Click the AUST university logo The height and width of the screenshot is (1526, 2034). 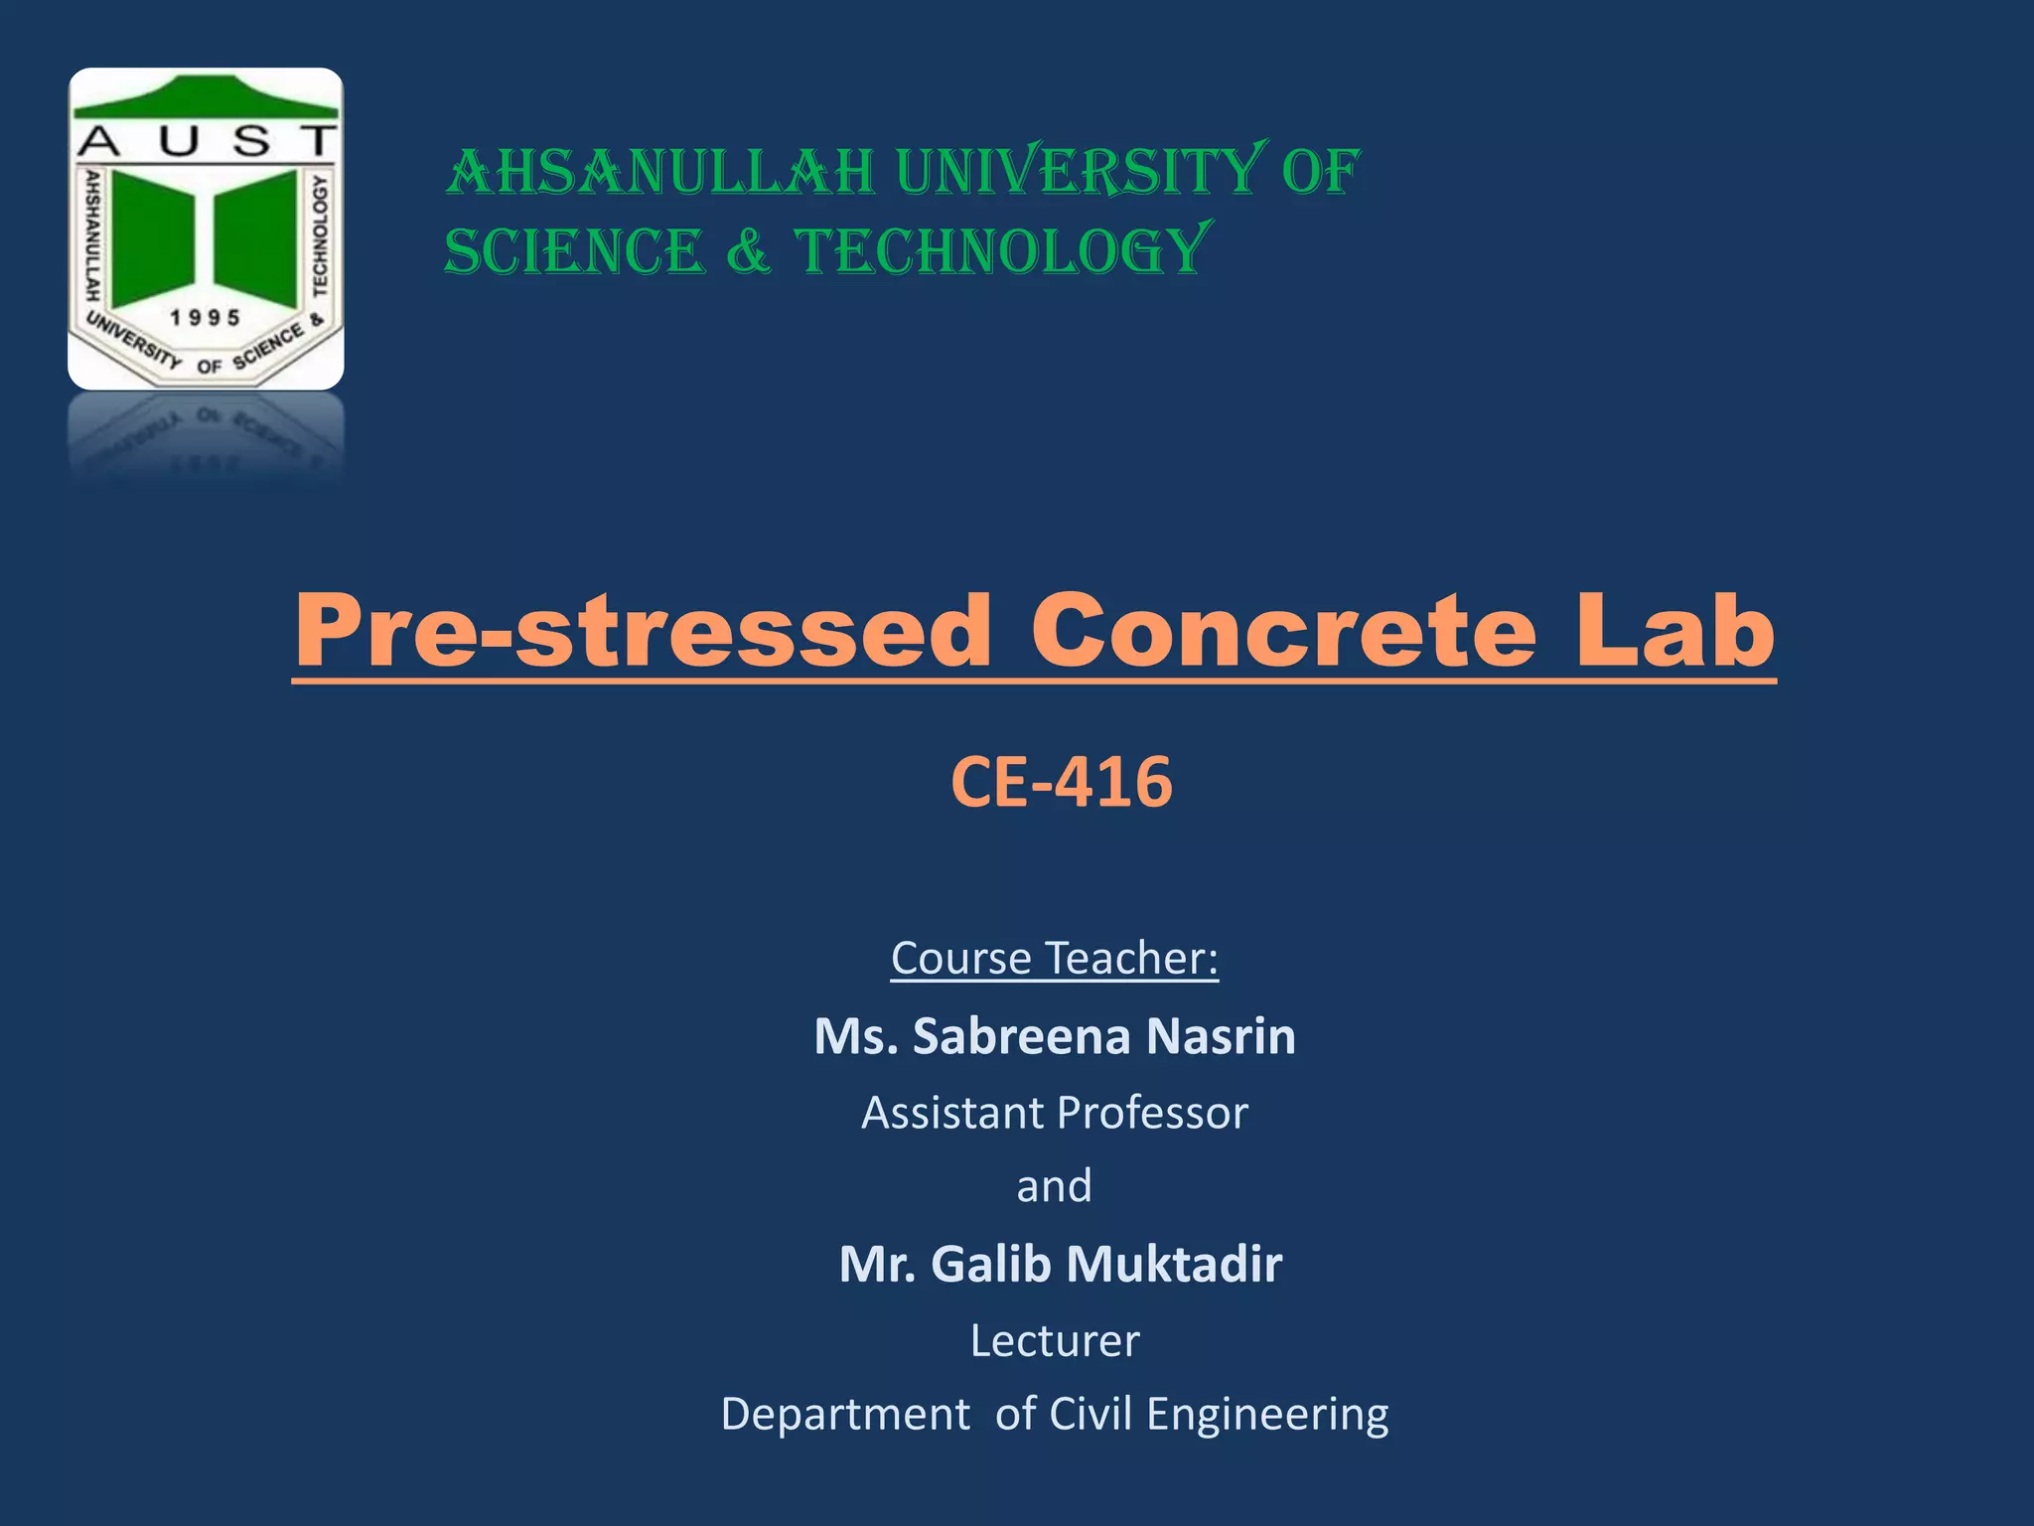(x=206, y=229)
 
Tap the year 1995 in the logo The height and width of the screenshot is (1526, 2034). (x=206, y=318)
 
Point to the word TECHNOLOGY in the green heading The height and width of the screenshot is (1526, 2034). (x=1003, y=250)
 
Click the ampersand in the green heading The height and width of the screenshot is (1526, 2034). (x=749, y=250)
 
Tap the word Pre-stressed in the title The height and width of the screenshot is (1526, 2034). (x=644, y=631)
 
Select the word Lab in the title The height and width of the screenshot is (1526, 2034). (x=1675, y=631)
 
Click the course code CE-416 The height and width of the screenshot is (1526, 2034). (x=1061, y=782)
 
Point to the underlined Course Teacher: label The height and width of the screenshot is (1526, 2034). (x=1054, y=959)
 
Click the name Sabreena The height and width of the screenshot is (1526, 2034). (x=1021, y=1036)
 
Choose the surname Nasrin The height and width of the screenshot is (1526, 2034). (x=1221, y=1036)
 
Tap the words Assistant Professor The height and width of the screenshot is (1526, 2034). (x=1054, y=1113)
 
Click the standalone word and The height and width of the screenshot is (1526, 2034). (x=1054, y=1186)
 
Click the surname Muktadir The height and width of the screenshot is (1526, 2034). (x=1174, y=1264)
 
